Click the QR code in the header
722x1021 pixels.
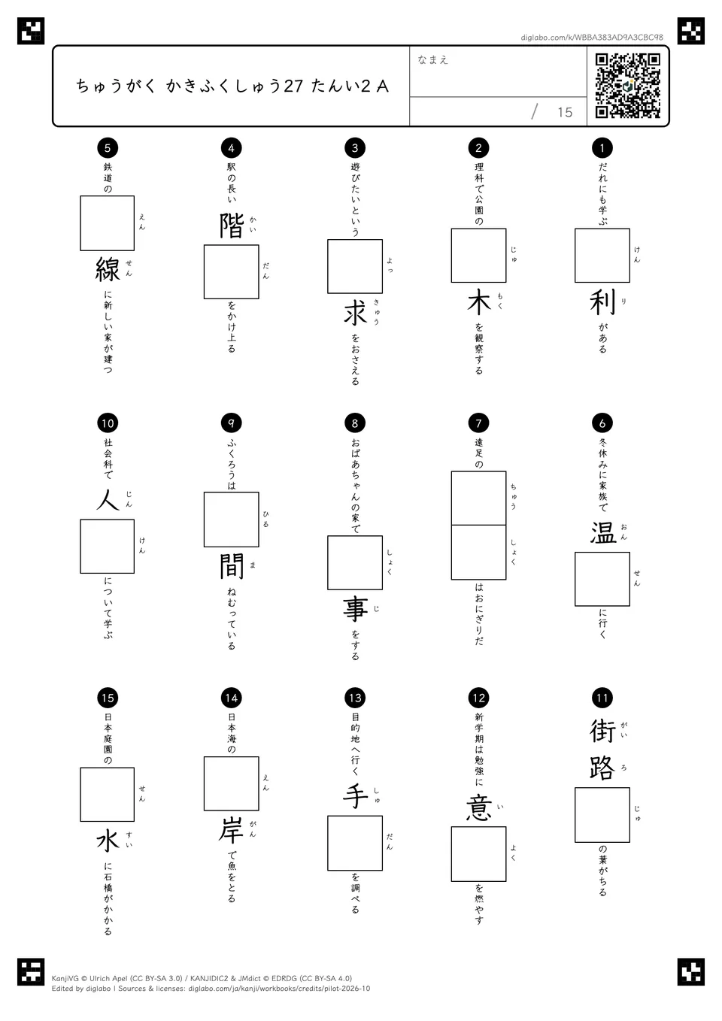tap(628, 86)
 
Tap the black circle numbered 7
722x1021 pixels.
tap(478, 423)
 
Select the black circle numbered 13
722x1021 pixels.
tap(355, 698)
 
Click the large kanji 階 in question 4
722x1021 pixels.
tap(231, 226)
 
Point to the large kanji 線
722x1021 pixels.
tap(108, 269)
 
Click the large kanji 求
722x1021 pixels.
tap(355, 312)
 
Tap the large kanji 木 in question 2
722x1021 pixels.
tap(478, 301)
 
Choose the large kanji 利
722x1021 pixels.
tap(602, 301)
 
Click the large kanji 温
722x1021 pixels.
tap(602, 532)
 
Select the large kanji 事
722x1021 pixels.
tap(355, 610)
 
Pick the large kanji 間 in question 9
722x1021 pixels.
tap(232, 565)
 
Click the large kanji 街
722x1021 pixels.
tap(602, 730)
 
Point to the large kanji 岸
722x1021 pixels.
tap(231, 831)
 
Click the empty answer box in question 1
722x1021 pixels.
tap(602, 256)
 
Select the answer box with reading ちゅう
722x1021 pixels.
tap(478, 498)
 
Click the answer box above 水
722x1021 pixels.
tap(107, 795)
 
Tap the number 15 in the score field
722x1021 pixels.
tap(565, 112)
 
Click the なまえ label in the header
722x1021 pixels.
tap(432, 59)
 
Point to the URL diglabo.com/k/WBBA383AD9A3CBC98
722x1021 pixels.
tap(592, 38)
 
